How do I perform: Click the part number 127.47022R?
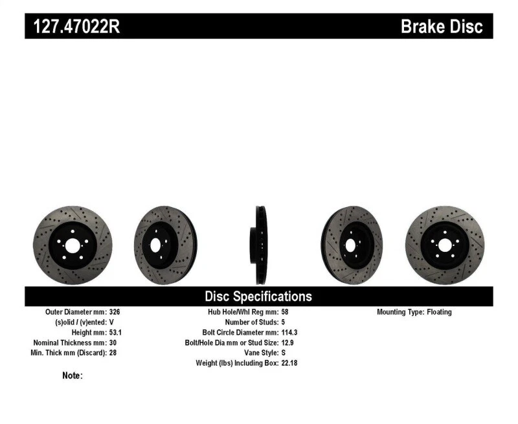point(74,27)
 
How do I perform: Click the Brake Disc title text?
point(442,27)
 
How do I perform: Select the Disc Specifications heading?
point(258,296)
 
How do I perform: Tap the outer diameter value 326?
point(115,312)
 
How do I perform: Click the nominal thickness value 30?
point(113,343)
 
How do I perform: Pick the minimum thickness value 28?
point(113,353)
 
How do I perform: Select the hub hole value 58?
point(286,312)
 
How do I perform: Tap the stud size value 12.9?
point(288,343)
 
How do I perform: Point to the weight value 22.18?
point(289,364)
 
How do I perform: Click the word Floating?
point(439,312)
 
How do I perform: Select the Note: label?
point(73,375)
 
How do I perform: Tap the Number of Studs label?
point(251,322)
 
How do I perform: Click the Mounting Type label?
point(400,312)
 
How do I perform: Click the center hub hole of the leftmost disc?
point(72,245)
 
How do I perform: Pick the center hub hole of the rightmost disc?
point(445,245)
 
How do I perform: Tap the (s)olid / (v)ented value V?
point(111,322)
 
